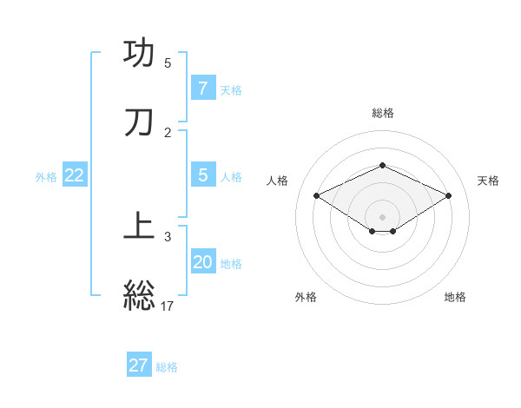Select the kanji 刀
pyautogui.click(x=140, y=122)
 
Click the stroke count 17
pyautogui.click(x=168, y=306)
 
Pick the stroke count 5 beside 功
pyautogui.click(x=168, y=63)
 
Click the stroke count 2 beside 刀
pyautogui.click(x=168, y=132)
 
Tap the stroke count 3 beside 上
pyautogui.click(x=168, y=236)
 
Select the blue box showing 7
pyautogui.click(x=203, y=89)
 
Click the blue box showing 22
pyautogui.click(x=75, y=175)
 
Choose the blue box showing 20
pyautogui.click(x=203, y=262)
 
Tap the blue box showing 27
pyautogui.click(x=139, y=365)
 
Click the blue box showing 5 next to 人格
pyautogui.click(x=203, y=175)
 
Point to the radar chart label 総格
pyautogui.click(x=382, y=113)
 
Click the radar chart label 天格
pyautogui.click(x=488, y=181)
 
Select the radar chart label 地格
pyautogui.click(x=455, y=297)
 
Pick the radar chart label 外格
pyautogui.click(x=306, y=297)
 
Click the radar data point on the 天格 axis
pyautogui.click(x=449, y=196)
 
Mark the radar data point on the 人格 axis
pyautogui.click(x=317, y=196)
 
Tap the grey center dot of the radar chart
pyautogui.click(x=382, y=217)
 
